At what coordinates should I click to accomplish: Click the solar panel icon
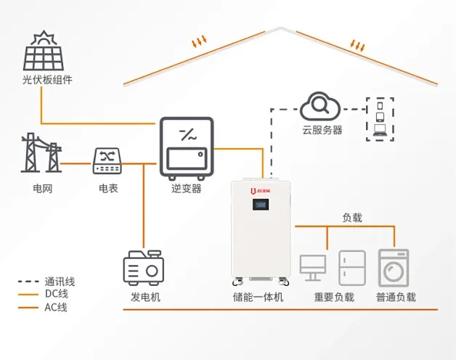coord(42,51)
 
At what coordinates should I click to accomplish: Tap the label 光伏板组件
coord(47,80)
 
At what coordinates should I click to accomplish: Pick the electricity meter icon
coord(108,161)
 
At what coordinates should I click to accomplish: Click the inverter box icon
coord(186,145)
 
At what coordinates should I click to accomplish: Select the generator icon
coord(143,269)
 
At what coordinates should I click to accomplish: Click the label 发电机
coord(145,298)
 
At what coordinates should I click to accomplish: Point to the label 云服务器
coord(322,131)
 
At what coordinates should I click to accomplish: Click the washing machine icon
coord(394,267)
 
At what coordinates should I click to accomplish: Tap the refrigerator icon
coord(352,269)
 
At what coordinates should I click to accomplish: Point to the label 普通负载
coord(396,298)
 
